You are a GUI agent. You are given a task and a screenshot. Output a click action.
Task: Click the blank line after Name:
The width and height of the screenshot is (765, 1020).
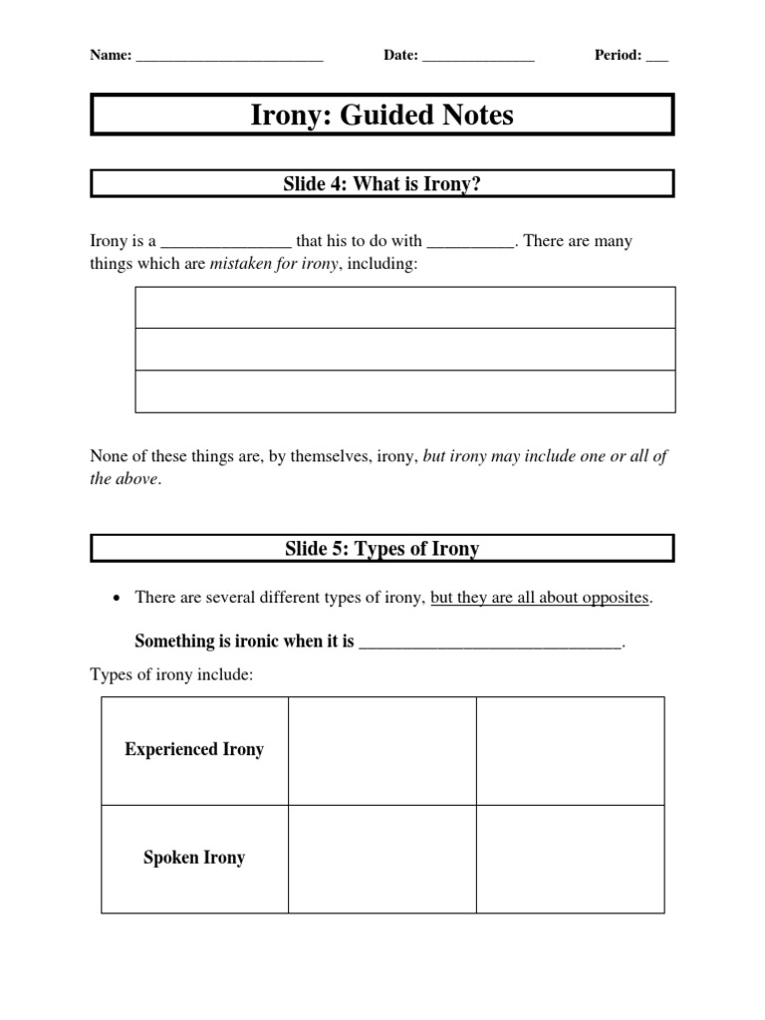point(229,58)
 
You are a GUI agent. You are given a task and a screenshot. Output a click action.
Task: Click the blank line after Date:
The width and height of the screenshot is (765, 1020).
point(478,58)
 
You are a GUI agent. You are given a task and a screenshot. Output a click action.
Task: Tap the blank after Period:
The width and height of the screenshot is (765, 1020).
point(656,58)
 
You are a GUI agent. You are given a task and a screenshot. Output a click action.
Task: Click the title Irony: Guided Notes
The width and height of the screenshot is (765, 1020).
point(382,116)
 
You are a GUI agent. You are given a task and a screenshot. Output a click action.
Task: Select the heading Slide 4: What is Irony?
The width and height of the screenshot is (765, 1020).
point(382,183)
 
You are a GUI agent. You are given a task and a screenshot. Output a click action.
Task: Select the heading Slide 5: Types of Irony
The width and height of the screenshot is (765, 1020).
point(382,549)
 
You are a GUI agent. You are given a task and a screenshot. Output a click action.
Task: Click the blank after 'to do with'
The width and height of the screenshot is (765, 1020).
point(470,243)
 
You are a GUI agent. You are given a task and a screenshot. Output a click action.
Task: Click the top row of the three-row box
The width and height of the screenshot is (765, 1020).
point(405,308)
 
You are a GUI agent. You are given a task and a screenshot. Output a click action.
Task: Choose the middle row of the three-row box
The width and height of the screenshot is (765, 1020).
point(405,350)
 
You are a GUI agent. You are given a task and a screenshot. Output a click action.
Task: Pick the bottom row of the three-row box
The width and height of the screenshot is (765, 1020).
point(405,391)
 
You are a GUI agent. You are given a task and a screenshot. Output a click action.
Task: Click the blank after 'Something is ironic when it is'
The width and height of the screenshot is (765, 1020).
point(490,643)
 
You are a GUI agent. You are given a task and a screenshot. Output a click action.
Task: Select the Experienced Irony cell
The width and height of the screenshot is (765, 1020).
point(194,750)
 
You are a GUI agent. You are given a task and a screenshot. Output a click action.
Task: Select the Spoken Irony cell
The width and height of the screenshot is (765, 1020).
point(194,858)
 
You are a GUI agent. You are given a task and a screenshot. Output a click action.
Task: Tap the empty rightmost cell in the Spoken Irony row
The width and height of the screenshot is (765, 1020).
point(570,859)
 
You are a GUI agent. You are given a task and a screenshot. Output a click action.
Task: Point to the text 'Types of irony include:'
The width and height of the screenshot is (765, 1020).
point(172,675)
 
